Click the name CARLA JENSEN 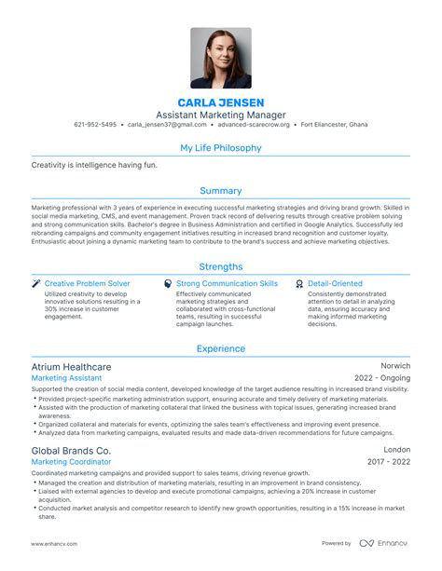coord(221,102)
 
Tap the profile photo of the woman coord(221,57)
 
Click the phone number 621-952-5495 coord(96,124)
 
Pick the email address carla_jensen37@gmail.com coord(162,124)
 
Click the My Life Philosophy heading coord(221,147)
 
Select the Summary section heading coord(221,190)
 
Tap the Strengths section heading coord(221,266)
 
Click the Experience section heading coord(221,349)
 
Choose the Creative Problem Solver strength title coord(87,283)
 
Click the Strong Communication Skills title coord(227,283)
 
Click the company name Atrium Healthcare coord(71,367)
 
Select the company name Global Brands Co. coord(71,450)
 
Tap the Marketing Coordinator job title coord(70,462)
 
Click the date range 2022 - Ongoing coord(382,379)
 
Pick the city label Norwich coord(395,366)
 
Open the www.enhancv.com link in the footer coord(55,543)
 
